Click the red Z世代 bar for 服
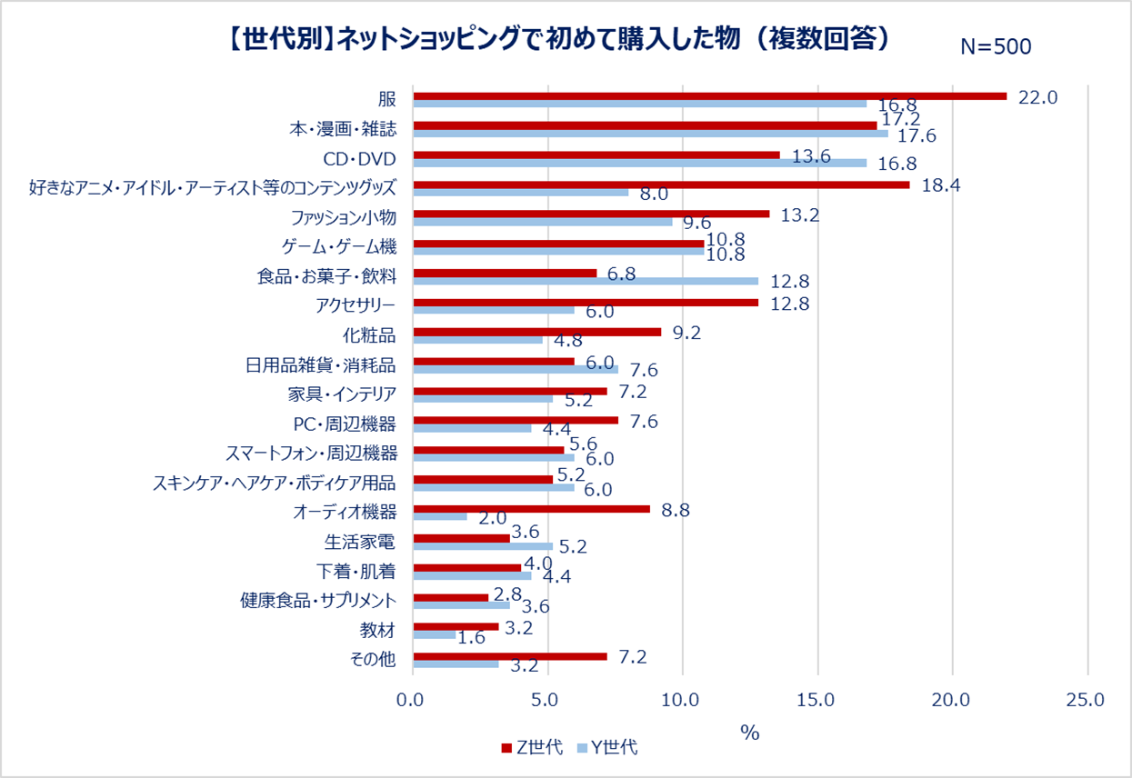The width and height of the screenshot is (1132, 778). point(709,96)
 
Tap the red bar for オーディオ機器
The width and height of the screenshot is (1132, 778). point(531,509)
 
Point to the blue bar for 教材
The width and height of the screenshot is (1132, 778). point(434,634)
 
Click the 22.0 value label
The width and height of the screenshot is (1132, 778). point(1038,97)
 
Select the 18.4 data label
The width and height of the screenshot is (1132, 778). point(941,185)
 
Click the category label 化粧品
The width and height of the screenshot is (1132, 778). point(370,334)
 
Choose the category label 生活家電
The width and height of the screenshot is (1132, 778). point(360,542)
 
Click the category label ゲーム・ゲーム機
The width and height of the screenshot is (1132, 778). point(337,246)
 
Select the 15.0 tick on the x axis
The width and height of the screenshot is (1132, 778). point(817,700)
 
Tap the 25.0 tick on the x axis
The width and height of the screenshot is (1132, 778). point(1087,700)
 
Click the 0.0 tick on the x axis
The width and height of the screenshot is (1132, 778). point(414,700)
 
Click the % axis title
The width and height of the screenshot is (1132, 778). point(749,733)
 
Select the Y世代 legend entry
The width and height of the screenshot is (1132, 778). point(606,748)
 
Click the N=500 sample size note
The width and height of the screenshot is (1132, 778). point(996,47)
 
